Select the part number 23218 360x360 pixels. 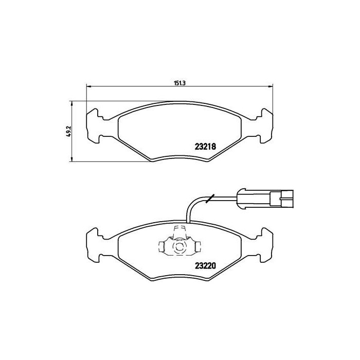pyautogui.click(x=204, y=146)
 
